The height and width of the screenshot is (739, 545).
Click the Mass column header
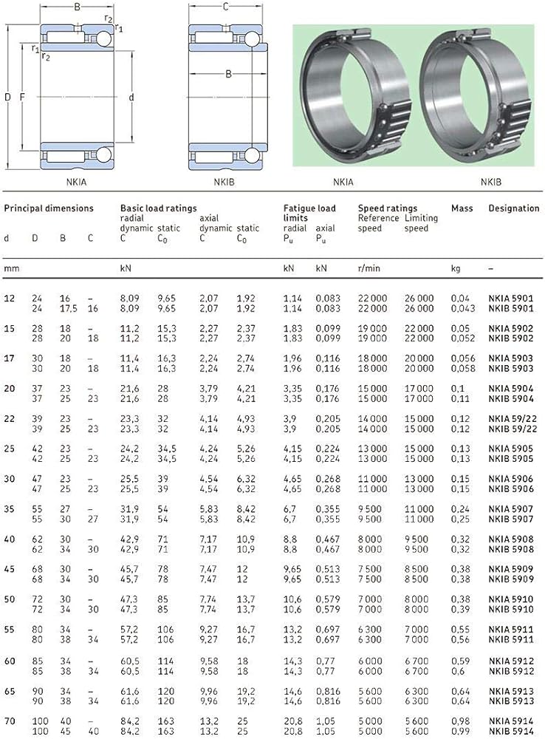[x=462, y=208]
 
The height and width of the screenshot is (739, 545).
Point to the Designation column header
[x=514, y=208]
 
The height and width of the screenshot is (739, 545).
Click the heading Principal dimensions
[x=49, y=208]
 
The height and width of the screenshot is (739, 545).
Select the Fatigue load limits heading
[x=309, y=213]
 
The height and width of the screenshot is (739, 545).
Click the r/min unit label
[x=369, y=268]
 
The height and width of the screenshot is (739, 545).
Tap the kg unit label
[x=456, y=268]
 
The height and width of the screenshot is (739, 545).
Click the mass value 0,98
[x=460, y=721]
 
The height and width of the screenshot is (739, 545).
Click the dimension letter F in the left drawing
[x=22, y=97]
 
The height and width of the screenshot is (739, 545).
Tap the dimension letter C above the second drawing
[x=225, y=7]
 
